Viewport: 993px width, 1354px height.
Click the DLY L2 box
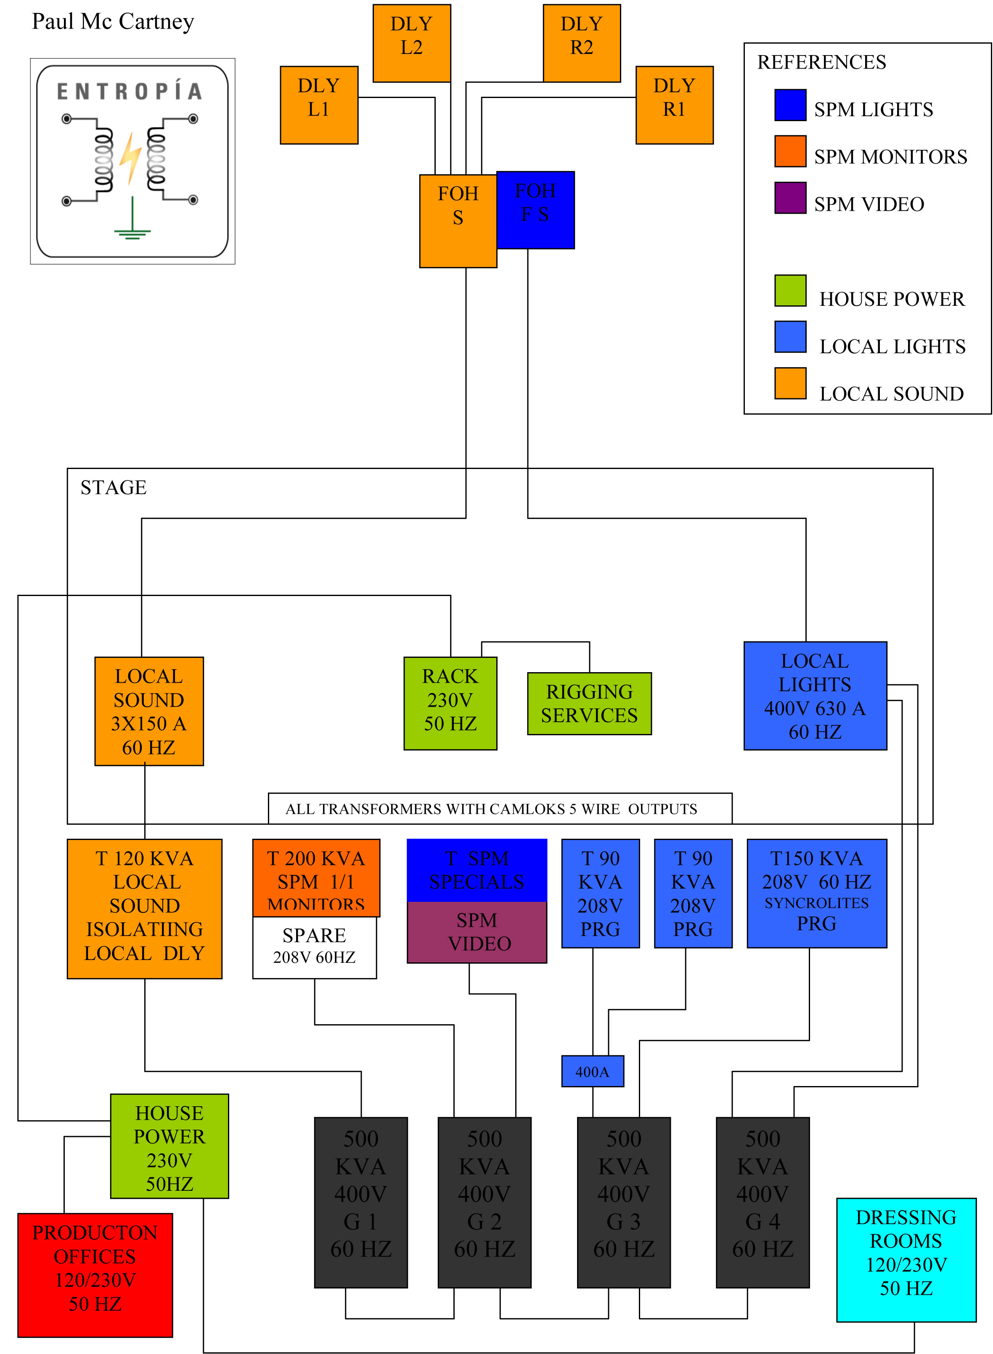(x=412, y=43)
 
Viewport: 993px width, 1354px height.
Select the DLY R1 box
(x=675, y=105)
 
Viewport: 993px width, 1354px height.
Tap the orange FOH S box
(x=458, y=220)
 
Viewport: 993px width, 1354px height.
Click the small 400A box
(x=593, y=1071)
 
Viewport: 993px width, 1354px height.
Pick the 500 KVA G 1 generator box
(x=361, y=1202)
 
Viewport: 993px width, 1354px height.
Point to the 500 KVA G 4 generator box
(x=763, y=1202)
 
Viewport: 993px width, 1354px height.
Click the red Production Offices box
(x=95, y=1275)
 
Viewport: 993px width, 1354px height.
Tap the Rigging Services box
(x=589, y=703)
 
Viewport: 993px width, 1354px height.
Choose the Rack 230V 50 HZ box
(x=450, y=703)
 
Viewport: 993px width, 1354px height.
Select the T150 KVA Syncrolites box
(x=816, y=893)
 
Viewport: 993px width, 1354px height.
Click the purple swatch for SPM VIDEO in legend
(x=790, y=198)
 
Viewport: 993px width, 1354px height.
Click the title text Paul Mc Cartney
(x=113, y=21)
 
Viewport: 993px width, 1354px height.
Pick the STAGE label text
(x=114, y=488)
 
